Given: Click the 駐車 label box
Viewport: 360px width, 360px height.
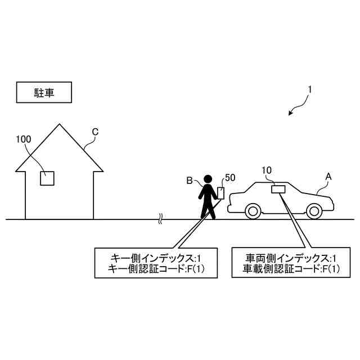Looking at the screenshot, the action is [x=44, y=93].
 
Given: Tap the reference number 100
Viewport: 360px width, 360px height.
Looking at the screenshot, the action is [x=24, y=138].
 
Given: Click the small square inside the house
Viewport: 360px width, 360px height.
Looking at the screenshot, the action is [x=47, y=178].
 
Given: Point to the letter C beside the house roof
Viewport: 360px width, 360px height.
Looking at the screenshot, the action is [x=95, y=132].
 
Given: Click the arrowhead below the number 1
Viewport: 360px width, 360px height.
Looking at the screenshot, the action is [x=290, y=114].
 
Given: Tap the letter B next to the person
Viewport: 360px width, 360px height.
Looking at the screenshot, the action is [x=190, y=181].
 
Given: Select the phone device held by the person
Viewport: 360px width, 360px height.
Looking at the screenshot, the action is [x=221, y=193].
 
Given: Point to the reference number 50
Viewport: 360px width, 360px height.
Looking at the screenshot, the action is [x=229, y=178].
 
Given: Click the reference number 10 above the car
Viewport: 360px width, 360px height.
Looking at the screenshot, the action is [x=267, y=169].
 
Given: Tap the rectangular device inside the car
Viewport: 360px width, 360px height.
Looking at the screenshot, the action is [x=278, y=189].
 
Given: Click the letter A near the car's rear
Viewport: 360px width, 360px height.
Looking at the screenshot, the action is [x=328, y=177].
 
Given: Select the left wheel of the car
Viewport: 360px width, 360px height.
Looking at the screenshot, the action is [x=253, y=212].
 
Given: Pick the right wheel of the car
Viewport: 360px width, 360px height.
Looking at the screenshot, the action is [x=314, y=212].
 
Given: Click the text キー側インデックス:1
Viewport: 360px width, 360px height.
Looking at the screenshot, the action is [x=148, y=258].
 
